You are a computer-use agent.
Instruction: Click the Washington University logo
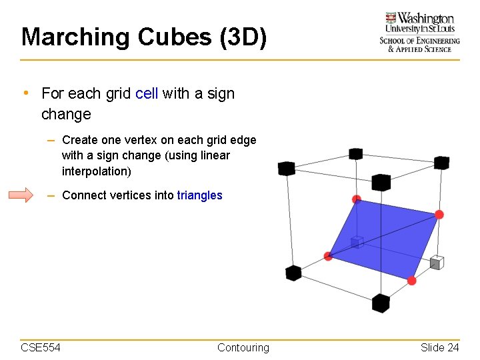[419, 31]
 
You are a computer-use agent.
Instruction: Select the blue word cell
[146, 93]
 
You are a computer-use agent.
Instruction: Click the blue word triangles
[199, 195]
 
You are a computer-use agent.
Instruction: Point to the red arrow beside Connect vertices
[20, 195]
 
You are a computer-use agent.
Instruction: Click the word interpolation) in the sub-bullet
[97, 171]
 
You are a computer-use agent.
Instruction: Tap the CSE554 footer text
[41, 347]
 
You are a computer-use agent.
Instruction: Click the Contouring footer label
[243, 347]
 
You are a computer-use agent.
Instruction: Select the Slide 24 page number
[439, 347]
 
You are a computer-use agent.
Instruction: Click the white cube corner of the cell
[437, 262]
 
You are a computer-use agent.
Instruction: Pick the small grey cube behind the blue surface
[357, 241]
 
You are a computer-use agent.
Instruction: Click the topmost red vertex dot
[357, 199]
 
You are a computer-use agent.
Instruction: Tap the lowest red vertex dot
[412, 281]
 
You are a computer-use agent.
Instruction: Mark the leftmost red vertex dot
[328, 256]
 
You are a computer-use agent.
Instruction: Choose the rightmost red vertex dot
[439, 214]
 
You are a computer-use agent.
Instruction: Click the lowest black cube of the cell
[380, 303]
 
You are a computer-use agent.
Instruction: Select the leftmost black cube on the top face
[287, 168]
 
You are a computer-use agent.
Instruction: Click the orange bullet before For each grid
[25, 93]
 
